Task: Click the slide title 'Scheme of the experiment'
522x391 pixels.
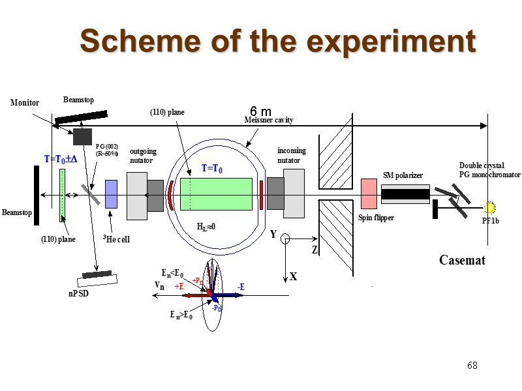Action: click(278, 42)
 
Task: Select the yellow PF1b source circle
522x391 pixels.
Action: click(489, 208)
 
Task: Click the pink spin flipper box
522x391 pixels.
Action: click(369, 194)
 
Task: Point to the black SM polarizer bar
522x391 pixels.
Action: click(405, 194)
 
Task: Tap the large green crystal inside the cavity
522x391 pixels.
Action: click(216, 194)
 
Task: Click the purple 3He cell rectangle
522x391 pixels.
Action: click(111, 194)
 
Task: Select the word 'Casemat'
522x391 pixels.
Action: click(462, 261)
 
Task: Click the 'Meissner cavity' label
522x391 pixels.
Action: click(269, 120)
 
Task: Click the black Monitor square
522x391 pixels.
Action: click(82, 136)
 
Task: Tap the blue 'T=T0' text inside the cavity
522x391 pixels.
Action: click(212, 169)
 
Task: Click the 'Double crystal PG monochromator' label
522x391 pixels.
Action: click(490, 170)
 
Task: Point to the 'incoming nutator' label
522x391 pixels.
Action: click(291, 155)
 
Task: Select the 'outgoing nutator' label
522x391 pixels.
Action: click(143, 155)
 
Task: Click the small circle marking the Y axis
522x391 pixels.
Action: click(285, 239)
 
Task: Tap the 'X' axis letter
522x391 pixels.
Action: click(293, 277)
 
